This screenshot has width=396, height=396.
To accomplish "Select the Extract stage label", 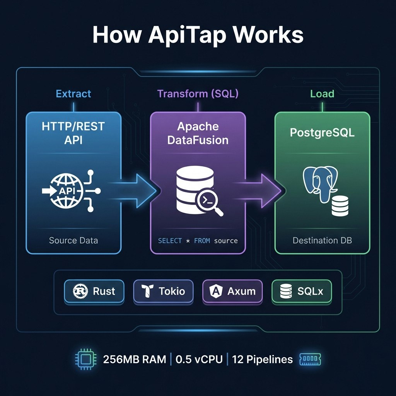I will (x=73, y=94).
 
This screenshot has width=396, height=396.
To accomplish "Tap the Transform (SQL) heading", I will (x=198, y=94).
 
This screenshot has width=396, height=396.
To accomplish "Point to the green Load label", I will (x=322, y=94).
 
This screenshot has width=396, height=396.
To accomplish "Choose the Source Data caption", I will (x=73, y=241).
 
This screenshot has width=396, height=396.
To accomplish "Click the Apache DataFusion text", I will (x=198, y=133).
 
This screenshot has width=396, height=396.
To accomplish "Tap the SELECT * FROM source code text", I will (x=198, y=241).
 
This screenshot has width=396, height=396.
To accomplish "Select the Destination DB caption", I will (x=322, y=241).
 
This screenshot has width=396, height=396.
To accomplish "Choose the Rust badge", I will (x=94, y=291).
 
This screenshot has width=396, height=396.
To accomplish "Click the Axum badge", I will (x=232, y=291).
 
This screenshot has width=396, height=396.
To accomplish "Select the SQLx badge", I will (x=302, y=291).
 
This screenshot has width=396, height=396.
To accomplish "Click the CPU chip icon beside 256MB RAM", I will (x=85, y=359).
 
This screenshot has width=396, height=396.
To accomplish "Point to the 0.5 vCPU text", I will (x=199, y=359).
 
